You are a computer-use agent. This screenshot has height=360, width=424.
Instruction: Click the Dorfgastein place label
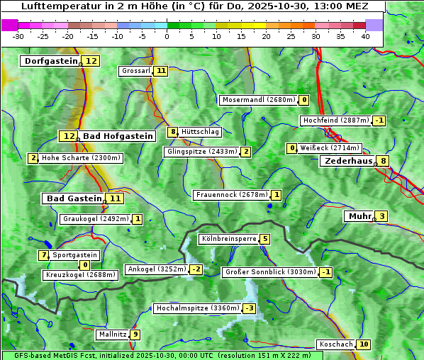50,61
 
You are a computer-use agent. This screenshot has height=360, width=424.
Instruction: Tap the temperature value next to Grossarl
162,71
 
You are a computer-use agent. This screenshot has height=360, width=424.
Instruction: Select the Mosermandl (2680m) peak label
259,100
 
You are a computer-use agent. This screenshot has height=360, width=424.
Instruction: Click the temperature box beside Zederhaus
384,161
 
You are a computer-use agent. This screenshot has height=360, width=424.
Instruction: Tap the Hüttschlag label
201,132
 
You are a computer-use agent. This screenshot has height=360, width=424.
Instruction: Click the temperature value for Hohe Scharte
33,158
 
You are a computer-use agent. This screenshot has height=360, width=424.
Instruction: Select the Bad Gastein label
74,198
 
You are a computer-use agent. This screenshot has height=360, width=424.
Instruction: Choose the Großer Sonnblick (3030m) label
270,272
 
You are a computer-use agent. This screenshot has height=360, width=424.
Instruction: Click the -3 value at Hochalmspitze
249,308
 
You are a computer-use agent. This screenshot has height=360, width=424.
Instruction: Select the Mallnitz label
113,334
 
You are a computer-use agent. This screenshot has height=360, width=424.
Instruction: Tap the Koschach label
336,344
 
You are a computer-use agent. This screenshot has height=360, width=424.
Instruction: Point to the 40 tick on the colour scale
364,36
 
